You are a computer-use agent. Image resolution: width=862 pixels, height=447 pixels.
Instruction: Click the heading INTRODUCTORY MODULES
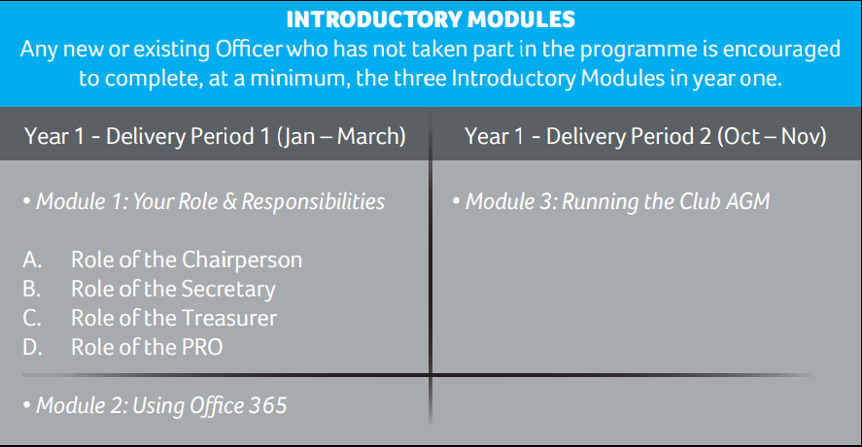tap(431, 19)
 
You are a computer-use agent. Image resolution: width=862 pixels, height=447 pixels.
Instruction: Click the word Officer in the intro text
tap(249, 49)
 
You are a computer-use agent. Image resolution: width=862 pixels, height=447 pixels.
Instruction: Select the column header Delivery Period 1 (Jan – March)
tap(256, 136)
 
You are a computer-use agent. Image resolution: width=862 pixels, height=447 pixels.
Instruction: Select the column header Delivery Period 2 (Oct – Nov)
tap(686, 136)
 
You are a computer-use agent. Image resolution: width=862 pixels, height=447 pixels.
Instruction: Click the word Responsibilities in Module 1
tap(313, 202)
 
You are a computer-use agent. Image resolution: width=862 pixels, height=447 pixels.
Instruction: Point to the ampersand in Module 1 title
tap(230, 202)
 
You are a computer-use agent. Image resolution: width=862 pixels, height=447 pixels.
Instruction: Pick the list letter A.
tap(32, 259)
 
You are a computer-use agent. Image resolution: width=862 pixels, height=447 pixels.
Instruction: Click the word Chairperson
tap(242, 260)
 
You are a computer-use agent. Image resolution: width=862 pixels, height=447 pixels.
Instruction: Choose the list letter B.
tap(31, 289)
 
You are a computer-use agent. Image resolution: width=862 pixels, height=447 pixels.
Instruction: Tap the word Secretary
tap(228, 290)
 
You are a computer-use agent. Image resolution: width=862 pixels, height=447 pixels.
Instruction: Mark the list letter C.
tap(32, 318)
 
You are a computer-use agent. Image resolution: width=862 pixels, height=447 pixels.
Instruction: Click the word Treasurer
tap(229, 318)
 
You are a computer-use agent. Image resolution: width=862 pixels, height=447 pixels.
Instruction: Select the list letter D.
tap(32, 347)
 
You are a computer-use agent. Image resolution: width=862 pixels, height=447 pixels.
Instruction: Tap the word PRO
tap(202, 347)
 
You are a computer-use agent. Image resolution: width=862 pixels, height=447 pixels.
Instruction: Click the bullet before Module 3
tap(457, 201)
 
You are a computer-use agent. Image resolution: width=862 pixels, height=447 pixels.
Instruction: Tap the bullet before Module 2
tap(27, 405)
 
